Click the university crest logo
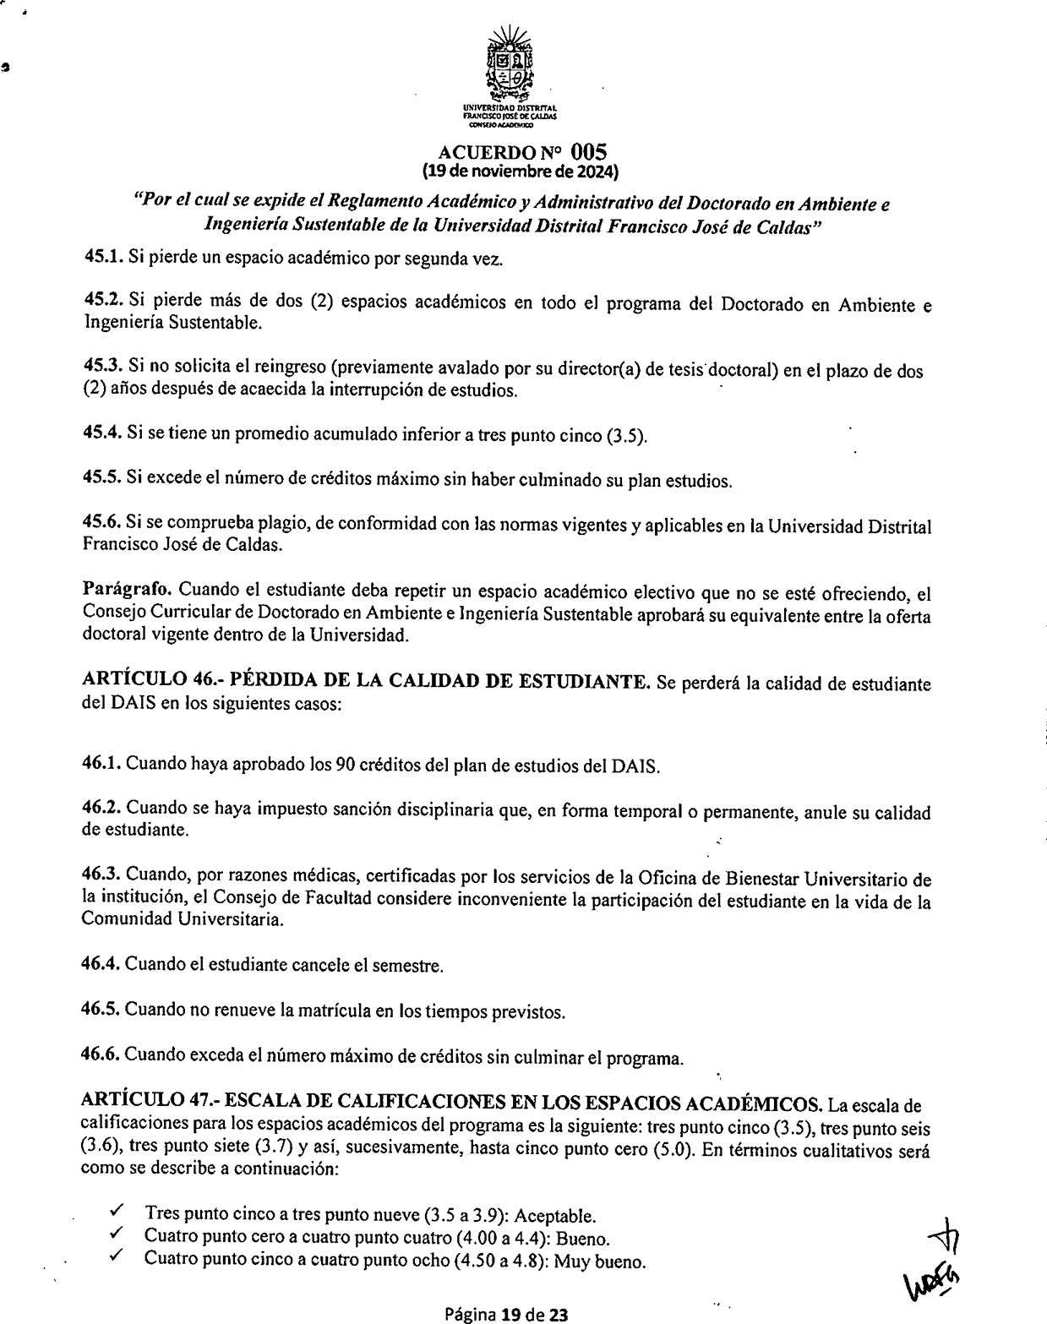tap(511, 66)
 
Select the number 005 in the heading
tap(589, 152)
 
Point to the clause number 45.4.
tap(101, 436)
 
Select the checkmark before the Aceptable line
tap(117, 1214)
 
